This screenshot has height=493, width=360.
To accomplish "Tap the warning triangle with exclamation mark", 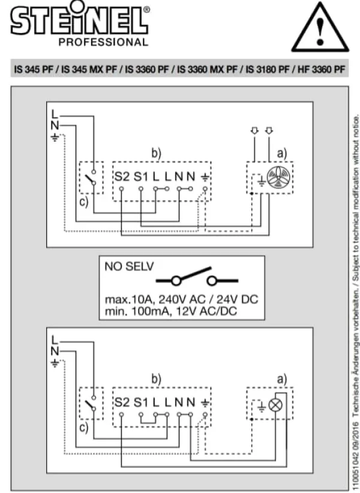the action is pos(320,28).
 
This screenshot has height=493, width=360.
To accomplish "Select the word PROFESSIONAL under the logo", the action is pos(103,42).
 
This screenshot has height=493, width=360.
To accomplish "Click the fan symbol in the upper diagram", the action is pos(278,178).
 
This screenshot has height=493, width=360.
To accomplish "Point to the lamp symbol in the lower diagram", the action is pos(275,405).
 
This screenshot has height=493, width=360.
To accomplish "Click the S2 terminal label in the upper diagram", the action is pos(122,177).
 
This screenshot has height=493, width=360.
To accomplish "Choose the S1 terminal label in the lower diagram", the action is pos(141,402).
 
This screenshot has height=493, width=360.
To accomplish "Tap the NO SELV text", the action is pos(129,267).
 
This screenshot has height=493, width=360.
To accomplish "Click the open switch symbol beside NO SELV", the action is pos(197,276).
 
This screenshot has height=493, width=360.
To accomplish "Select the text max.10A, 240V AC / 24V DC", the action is pos(181,299).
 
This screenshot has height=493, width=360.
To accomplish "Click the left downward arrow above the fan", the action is pos(254,131).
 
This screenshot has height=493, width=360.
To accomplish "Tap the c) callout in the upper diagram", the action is pos(83,202).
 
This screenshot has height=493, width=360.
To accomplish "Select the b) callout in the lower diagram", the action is pos(156,379).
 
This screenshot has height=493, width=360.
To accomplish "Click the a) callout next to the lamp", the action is pos(282,380).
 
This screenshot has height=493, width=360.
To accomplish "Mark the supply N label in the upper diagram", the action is pos(55,126).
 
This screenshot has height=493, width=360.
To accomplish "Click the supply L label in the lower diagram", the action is pos(55,340).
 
